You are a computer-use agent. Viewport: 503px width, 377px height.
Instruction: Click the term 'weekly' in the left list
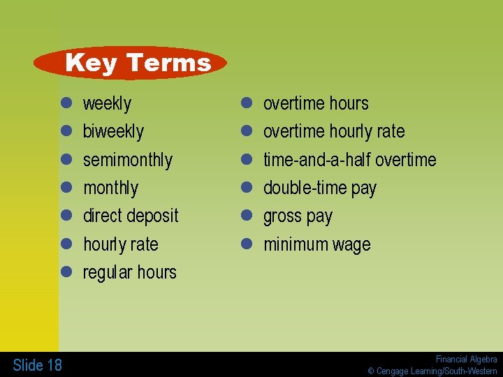pos(107,104)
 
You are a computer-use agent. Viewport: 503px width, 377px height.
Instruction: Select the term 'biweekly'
pos(113,132)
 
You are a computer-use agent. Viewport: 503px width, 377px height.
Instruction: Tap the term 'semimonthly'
pos(127,160)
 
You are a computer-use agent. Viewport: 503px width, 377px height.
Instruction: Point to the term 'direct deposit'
pos(131,216)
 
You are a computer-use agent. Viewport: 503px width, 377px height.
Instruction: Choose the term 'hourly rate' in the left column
pos(120,244)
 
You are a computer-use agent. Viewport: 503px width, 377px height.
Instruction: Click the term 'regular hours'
pos(129,272)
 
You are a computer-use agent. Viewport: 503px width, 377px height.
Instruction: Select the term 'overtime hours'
pos(315,104)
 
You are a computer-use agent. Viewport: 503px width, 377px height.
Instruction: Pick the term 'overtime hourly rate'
pos(333,132)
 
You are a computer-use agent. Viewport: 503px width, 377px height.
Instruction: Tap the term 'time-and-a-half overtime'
pos(349,160)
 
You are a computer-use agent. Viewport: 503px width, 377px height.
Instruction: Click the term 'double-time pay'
pos(319,188)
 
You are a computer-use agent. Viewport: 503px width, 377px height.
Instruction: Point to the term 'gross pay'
pos(298,216)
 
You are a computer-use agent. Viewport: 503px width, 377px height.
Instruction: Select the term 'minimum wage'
pos(316,244)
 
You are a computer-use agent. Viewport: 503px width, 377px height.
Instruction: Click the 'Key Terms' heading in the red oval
pos(138,63)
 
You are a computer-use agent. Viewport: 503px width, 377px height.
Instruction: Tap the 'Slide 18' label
pos(37,364)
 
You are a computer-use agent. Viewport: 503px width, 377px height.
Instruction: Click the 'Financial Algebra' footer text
pos(466,359)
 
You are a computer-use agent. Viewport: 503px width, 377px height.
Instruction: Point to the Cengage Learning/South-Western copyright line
pos(432,371)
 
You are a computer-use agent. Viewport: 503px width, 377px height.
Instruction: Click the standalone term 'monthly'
pos(110,188)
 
